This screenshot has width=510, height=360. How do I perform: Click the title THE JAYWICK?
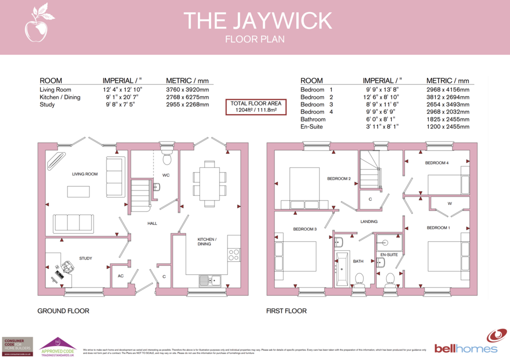[257, 20]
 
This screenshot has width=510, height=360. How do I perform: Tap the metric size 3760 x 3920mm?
[187, 89]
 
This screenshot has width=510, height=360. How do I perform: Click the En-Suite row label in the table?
[312, 127]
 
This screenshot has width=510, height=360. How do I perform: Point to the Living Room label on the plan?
[84, 174]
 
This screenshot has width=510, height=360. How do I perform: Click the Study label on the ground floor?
[85, 258]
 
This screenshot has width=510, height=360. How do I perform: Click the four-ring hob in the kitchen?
[233, 254]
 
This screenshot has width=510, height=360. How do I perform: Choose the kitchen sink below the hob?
[210, 279]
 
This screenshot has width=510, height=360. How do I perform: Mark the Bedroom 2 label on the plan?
[339, 178]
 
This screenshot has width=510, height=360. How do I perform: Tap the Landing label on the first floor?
[369, 221]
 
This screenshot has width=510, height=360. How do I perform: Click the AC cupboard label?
[120, 276]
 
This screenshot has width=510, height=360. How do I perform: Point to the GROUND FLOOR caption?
[63, 311]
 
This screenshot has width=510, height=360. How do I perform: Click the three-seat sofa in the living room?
[73, 223]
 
